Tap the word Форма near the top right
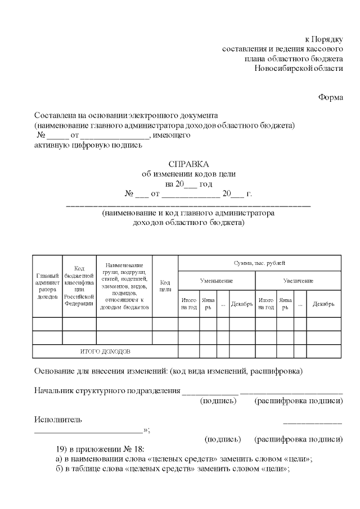pos(330,96)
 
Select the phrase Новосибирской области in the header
pos(298,68)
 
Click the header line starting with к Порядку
pos(323,39)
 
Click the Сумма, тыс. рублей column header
pos(259,263)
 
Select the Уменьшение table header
pos(217,280)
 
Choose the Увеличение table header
pos(298,280)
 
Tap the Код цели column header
pos(165,286)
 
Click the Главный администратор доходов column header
pos(47,286)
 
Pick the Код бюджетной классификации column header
pos(79,286)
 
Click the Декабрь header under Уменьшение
pos(241,304)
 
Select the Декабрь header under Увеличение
pos(323,304)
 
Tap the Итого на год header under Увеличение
pos(265,304)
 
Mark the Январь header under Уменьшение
pos(208,304)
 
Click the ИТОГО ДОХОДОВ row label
pos(105,351)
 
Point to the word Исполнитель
pos(58,420)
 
